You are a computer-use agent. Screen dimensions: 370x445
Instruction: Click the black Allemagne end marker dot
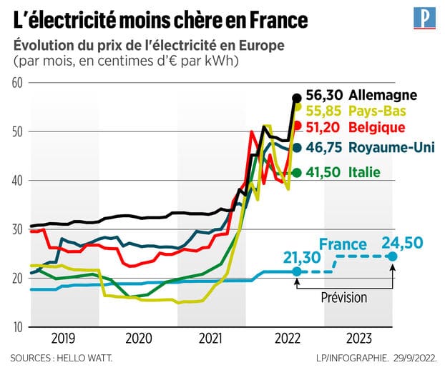tap(297, 98)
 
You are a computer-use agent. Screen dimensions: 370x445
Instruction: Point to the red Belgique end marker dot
tap(298, 126)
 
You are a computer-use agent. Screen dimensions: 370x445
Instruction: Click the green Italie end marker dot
tap(297, 173)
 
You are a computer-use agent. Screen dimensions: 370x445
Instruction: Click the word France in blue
tap(343, 245)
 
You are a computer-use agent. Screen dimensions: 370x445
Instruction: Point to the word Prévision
tap(344, 297)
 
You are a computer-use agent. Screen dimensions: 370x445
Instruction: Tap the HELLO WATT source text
tap(84, 356)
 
